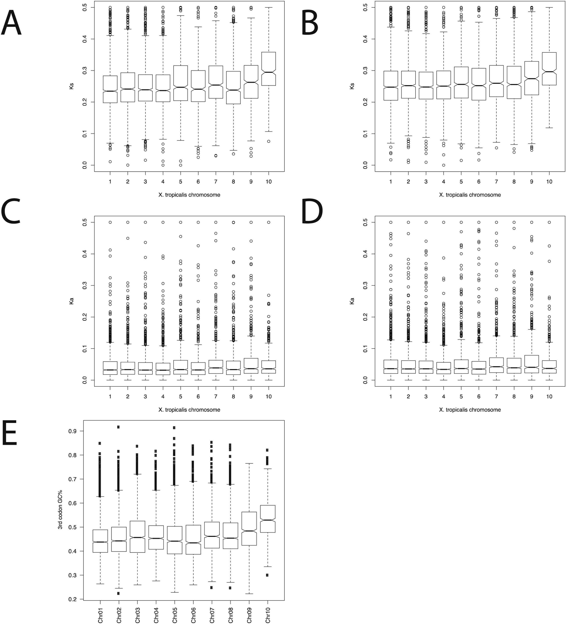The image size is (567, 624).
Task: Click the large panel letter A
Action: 12,23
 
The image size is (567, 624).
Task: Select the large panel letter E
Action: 10,432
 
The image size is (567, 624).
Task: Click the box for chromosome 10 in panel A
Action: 268,69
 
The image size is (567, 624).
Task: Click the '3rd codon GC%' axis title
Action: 60,510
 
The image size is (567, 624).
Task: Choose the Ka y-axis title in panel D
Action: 352,301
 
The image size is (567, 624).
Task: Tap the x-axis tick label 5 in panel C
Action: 181,397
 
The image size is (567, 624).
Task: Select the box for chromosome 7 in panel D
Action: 496,365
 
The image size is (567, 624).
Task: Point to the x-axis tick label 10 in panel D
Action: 549,397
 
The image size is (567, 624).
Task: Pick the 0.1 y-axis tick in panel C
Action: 84,349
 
